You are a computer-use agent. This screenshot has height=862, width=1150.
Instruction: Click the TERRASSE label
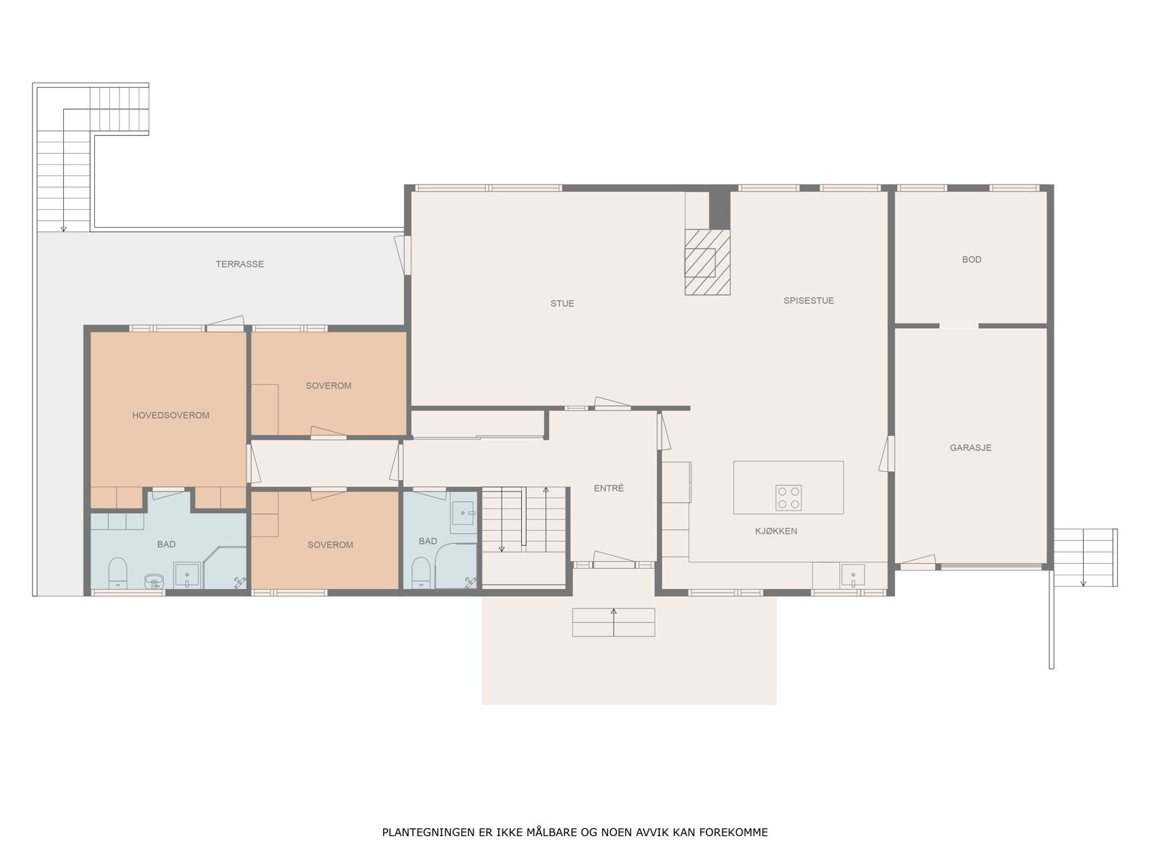pos(239,264)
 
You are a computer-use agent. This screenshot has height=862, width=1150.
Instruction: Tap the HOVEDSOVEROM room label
pos(171,416)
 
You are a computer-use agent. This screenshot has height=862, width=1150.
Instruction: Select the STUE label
pos(562,304)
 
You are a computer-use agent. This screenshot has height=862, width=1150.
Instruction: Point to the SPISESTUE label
pos(809,301)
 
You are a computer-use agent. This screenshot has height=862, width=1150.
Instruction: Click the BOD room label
pos(971,259)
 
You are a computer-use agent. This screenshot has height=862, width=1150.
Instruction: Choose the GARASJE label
pos(970,448)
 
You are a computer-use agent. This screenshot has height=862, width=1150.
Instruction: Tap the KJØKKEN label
pos(776,532)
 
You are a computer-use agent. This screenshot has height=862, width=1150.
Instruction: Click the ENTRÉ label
pos(609,488)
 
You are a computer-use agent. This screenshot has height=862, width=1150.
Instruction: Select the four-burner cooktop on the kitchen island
pos(788,498)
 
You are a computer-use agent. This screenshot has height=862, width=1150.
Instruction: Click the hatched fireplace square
pos(707,262)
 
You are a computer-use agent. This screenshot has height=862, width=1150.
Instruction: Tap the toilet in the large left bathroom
pos(118,573)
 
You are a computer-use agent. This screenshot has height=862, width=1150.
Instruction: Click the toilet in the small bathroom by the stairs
pos(420,573)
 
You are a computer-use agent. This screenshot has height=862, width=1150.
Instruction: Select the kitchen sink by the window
pos(853,575)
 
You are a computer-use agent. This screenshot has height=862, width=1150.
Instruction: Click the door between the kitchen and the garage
pos(886,453)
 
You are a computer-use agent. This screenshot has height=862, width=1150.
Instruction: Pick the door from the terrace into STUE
pos(402,255)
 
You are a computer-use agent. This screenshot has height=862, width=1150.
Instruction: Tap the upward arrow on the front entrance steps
pos(614,622)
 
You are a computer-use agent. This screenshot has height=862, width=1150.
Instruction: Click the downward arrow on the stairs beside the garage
pos(1083,558)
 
